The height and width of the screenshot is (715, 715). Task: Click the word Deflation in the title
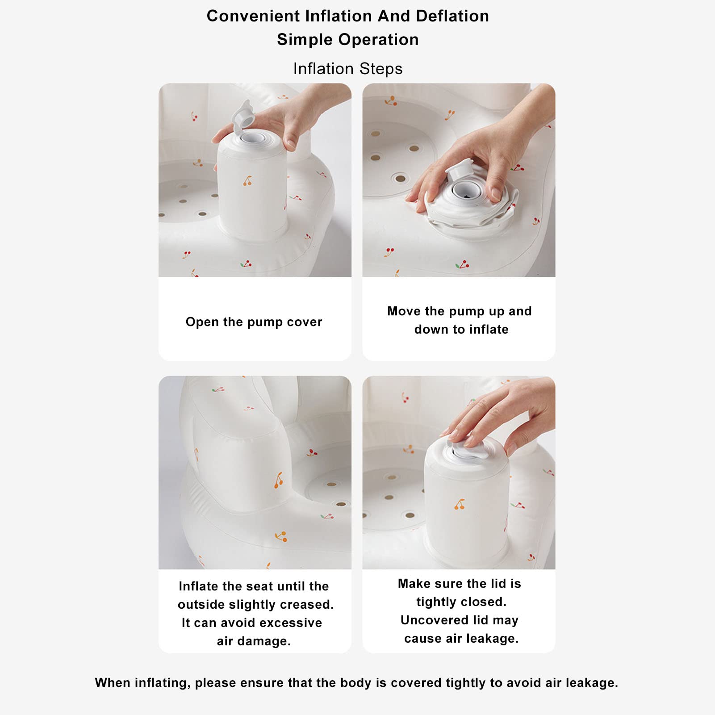452,16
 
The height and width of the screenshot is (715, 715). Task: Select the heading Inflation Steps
347,69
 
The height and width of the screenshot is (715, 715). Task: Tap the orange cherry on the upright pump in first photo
247,181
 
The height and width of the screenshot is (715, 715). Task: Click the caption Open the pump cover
254,322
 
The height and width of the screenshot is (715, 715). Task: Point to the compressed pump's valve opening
465,190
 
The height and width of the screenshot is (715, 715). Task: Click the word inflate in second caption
488,330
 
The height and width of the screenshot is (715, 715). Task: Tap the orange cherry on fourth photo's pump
460,504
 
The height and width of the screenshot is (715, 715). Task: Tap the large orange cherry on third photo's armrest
279,480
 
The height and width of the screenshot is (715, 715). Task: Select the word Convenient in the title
253,16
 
